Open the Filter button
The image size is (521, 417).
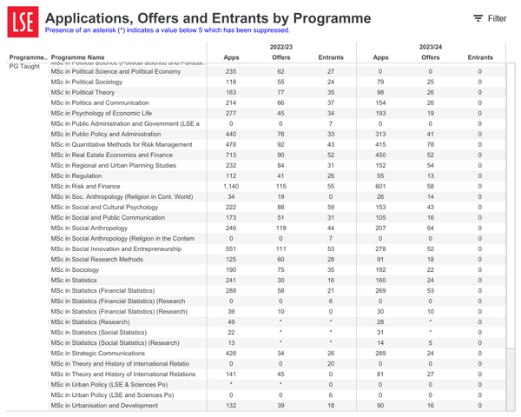[489, 18]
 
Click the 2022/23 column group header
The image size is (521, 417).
[281, 46]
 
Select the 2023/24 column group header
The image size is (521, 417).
[430, 46]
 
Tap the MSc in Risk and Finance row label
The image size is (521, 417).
[86, 186]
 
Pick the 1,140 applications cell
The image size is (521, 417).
[230, 186]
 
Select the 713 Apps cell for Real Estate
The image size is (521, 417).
[230, 155]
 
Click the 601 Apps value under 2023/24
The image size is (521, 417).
[380, 186]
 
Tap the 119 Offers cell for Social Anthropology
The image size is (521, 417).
[280, 228]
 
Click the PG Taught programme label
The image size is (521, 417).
[24, 66]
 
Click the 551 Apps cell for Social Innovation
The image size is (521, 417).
[230, 248]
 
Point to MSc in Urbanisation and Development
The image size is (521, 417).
[103, 405]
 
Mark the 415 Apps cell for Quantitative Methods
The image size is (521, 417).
[380, 144]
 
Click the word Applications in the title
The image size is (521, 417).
[96, 17]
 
